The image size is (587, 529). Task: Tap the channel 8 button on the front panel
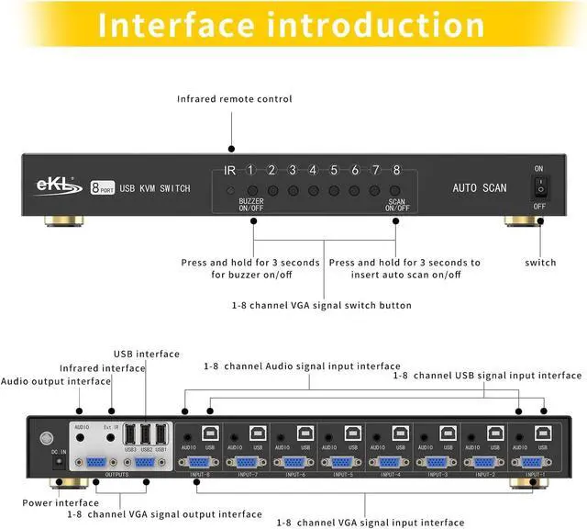[x=396, y=191]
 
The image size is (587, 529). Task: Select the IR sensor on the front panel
[x=231, y=191]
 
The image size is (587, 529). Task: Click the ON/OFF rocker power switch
[x=539, y=187]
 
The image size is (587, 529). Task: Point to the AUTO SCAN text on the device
[x=479, y=188]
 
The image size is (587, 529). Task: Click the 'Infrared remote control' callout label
[x=234, y=98]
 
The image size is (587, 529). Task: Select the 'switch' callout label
[x=540, y=263]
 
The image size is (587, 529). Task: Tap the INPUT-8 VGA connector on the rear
[x=199, y=463]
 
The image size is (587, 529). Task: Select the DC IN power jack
[x=58, y=463]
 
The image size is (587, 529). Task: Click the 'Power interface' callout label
[x=61, y=502]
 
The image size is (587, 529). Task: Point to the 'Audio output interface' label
[x=56, y=381]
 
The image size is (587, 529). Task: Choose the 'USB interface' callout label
[x=147, y=354]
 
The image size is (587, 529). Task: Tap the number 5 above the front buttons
[x=334, y=170]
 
